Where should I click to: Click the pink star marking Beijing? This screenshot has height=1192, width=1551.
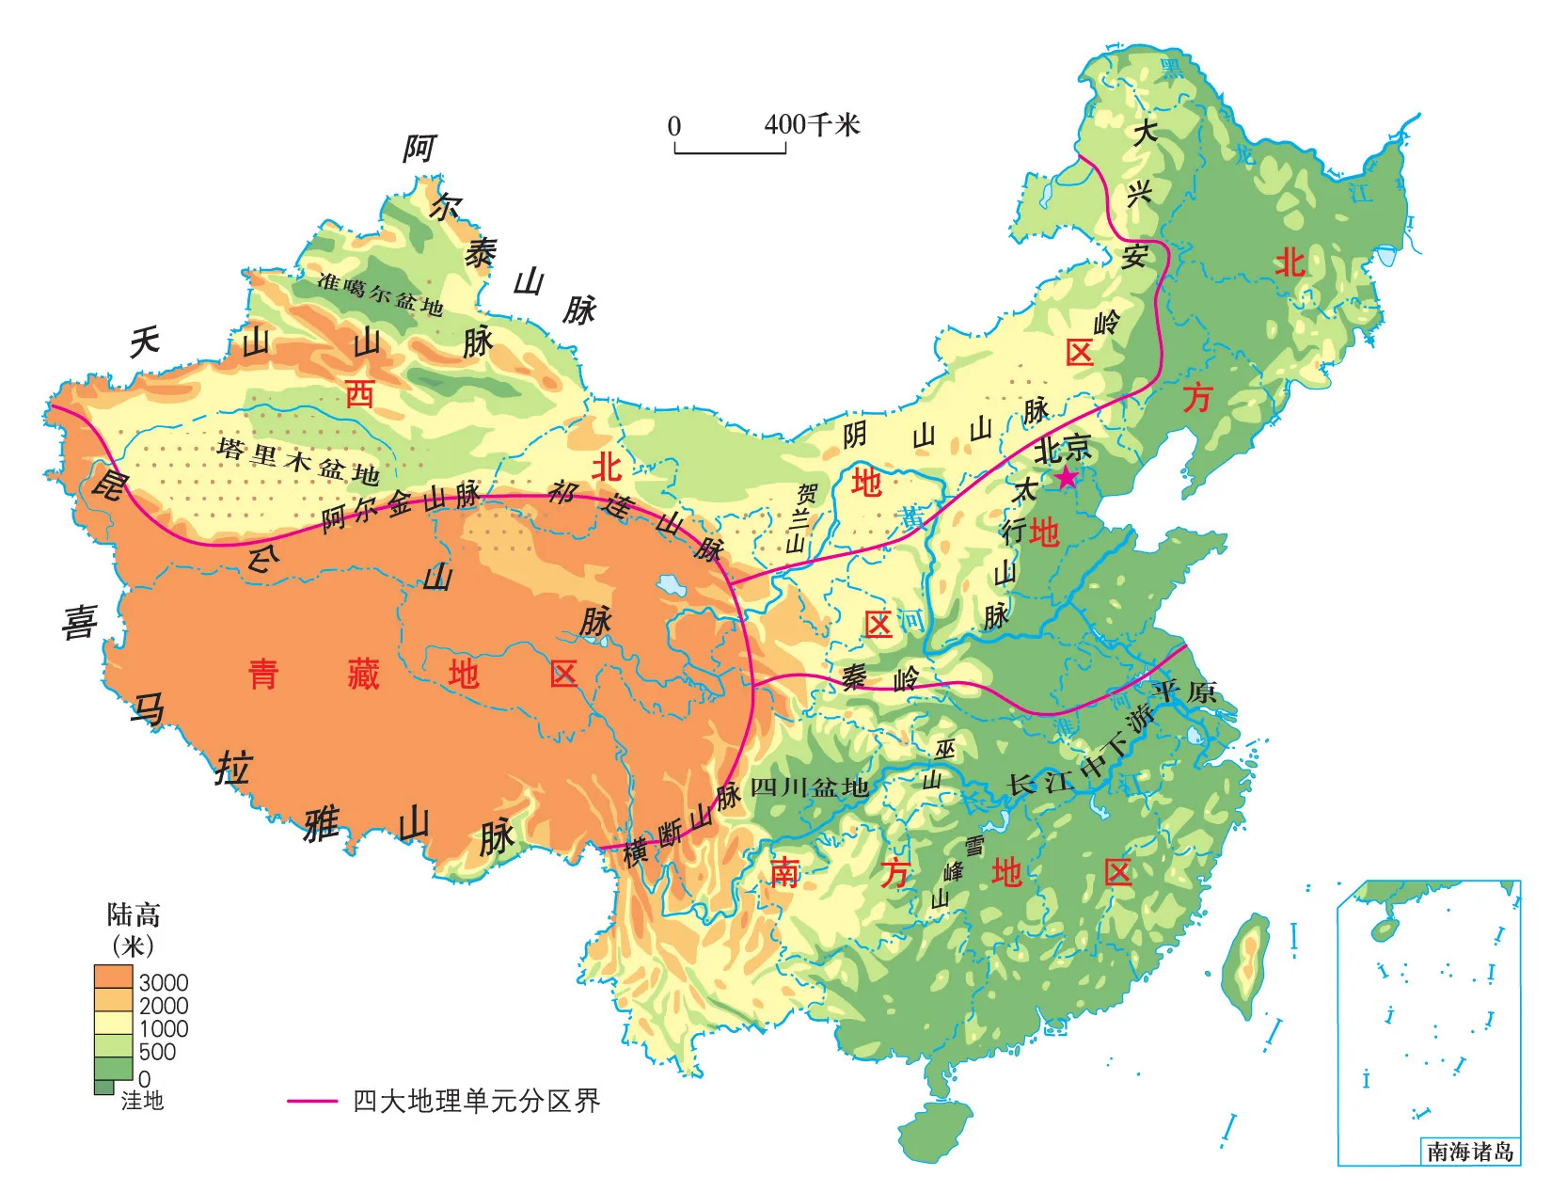click(1066, 478)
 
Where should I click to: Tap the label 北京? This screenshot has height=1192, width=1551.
click(1062, 449)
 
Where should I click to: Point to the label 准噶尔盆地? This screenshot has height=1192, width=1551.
click(380, 293)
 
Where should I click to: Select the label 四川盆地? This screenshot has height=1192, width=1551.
click(809, 787)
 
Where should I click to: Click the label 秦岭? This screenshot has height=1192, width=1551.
click(879, 676)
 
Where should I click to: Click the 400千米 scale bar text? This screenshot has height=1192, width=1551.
click(811, 124)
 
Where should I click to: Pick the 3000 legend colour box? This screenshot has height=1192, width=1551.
click(113, 976)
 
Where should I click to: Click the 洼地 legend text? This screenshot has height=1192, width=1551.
click(142, 1100)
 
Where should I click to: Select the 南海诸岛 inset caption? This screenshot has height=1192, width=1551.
click(1469, 1152)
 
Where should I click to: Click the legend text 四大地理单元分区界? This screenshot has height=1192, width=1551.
click(476, 1100)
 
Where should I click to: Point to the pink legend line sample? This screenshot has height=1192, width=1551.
click(312, 1100)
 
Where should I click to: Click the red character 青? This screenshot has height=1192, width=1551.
click(263, 674)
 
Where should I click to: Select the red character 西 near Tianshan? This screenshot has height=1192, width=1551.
click(359, 393)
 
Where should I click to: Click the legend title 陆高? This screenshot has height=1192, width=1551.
click(134, 914)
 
